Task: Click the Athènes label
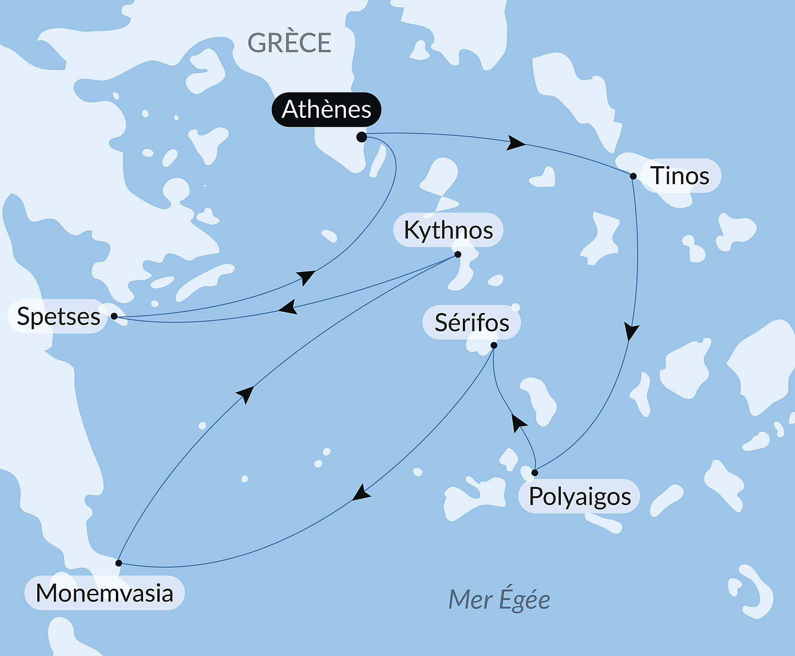pos(326,110)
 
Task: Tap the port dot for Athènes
pos(362,137)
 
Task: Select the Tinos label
pos(680,176)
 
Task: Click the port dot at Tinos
pos(633,176)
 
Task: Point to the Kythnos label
pos(448,230)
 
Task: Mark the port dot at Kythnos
pos(458,254)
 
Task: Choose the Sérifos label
pos(472,322)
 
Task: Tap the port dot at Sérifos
pos(494,345)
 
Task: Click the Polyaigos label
pos(579,496)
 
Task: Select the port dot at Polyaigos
pos(535,473)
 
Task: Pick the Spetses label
pos(58,316)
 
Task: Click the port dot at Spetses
pos(114,316)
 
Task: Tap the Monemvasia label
pos(104,593)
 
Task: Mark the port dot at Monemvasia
pos(119,563)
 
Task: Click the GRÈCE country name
pos(289,43)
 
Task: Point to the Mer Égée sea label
pos(499,600)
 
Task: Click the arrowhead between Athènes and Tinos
pos(515,143)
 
